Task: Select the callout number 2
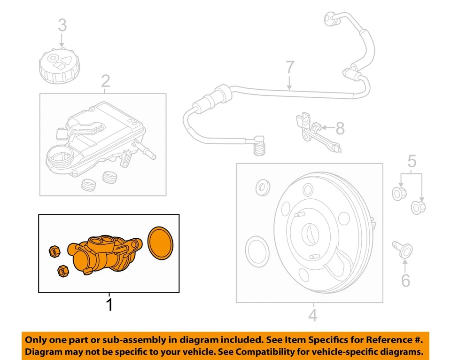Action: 105,82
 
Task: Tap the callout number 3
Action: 62,25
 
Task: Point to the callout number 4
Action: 312,314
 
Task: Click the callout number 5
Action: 412,162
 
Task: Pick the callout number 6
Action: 405,281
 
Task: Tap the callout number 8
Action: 340,127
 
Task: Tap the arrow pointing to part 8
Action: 328,127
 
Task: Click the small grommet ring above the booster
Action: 262,188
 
